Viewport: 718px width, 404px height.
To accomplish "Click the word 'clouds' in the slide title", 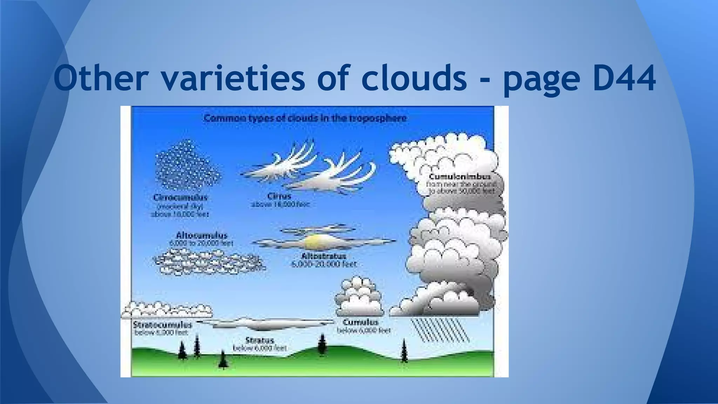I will click(x=415, y=78).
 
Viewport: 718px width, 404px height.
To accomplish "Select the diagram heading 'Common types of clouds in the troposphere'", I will click(x=305, y=118).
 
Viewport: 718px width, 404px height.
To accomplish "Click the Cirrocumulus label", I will click(x=180, y=197).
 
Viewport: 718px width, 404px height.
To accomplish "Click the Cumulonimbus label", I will click(x=460, y=176).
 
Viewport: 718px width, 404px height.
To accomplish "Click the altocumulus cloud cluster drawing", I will click(x=208, y=262).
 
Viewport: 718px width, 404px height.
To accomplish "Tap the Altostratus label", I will click(x=323, y=256).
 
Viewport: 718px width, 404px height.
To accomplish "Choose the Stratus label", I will click(x=259, y=340).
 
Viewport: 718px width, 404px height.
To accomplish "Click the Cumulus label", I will click(x=360, y=322).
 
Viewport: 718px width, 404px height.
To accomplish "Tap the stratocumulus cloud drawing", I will click(x=167, y=309).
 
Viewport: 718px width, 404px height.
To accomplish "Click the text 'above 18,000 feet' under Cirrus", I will click(x=280, y=204).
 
